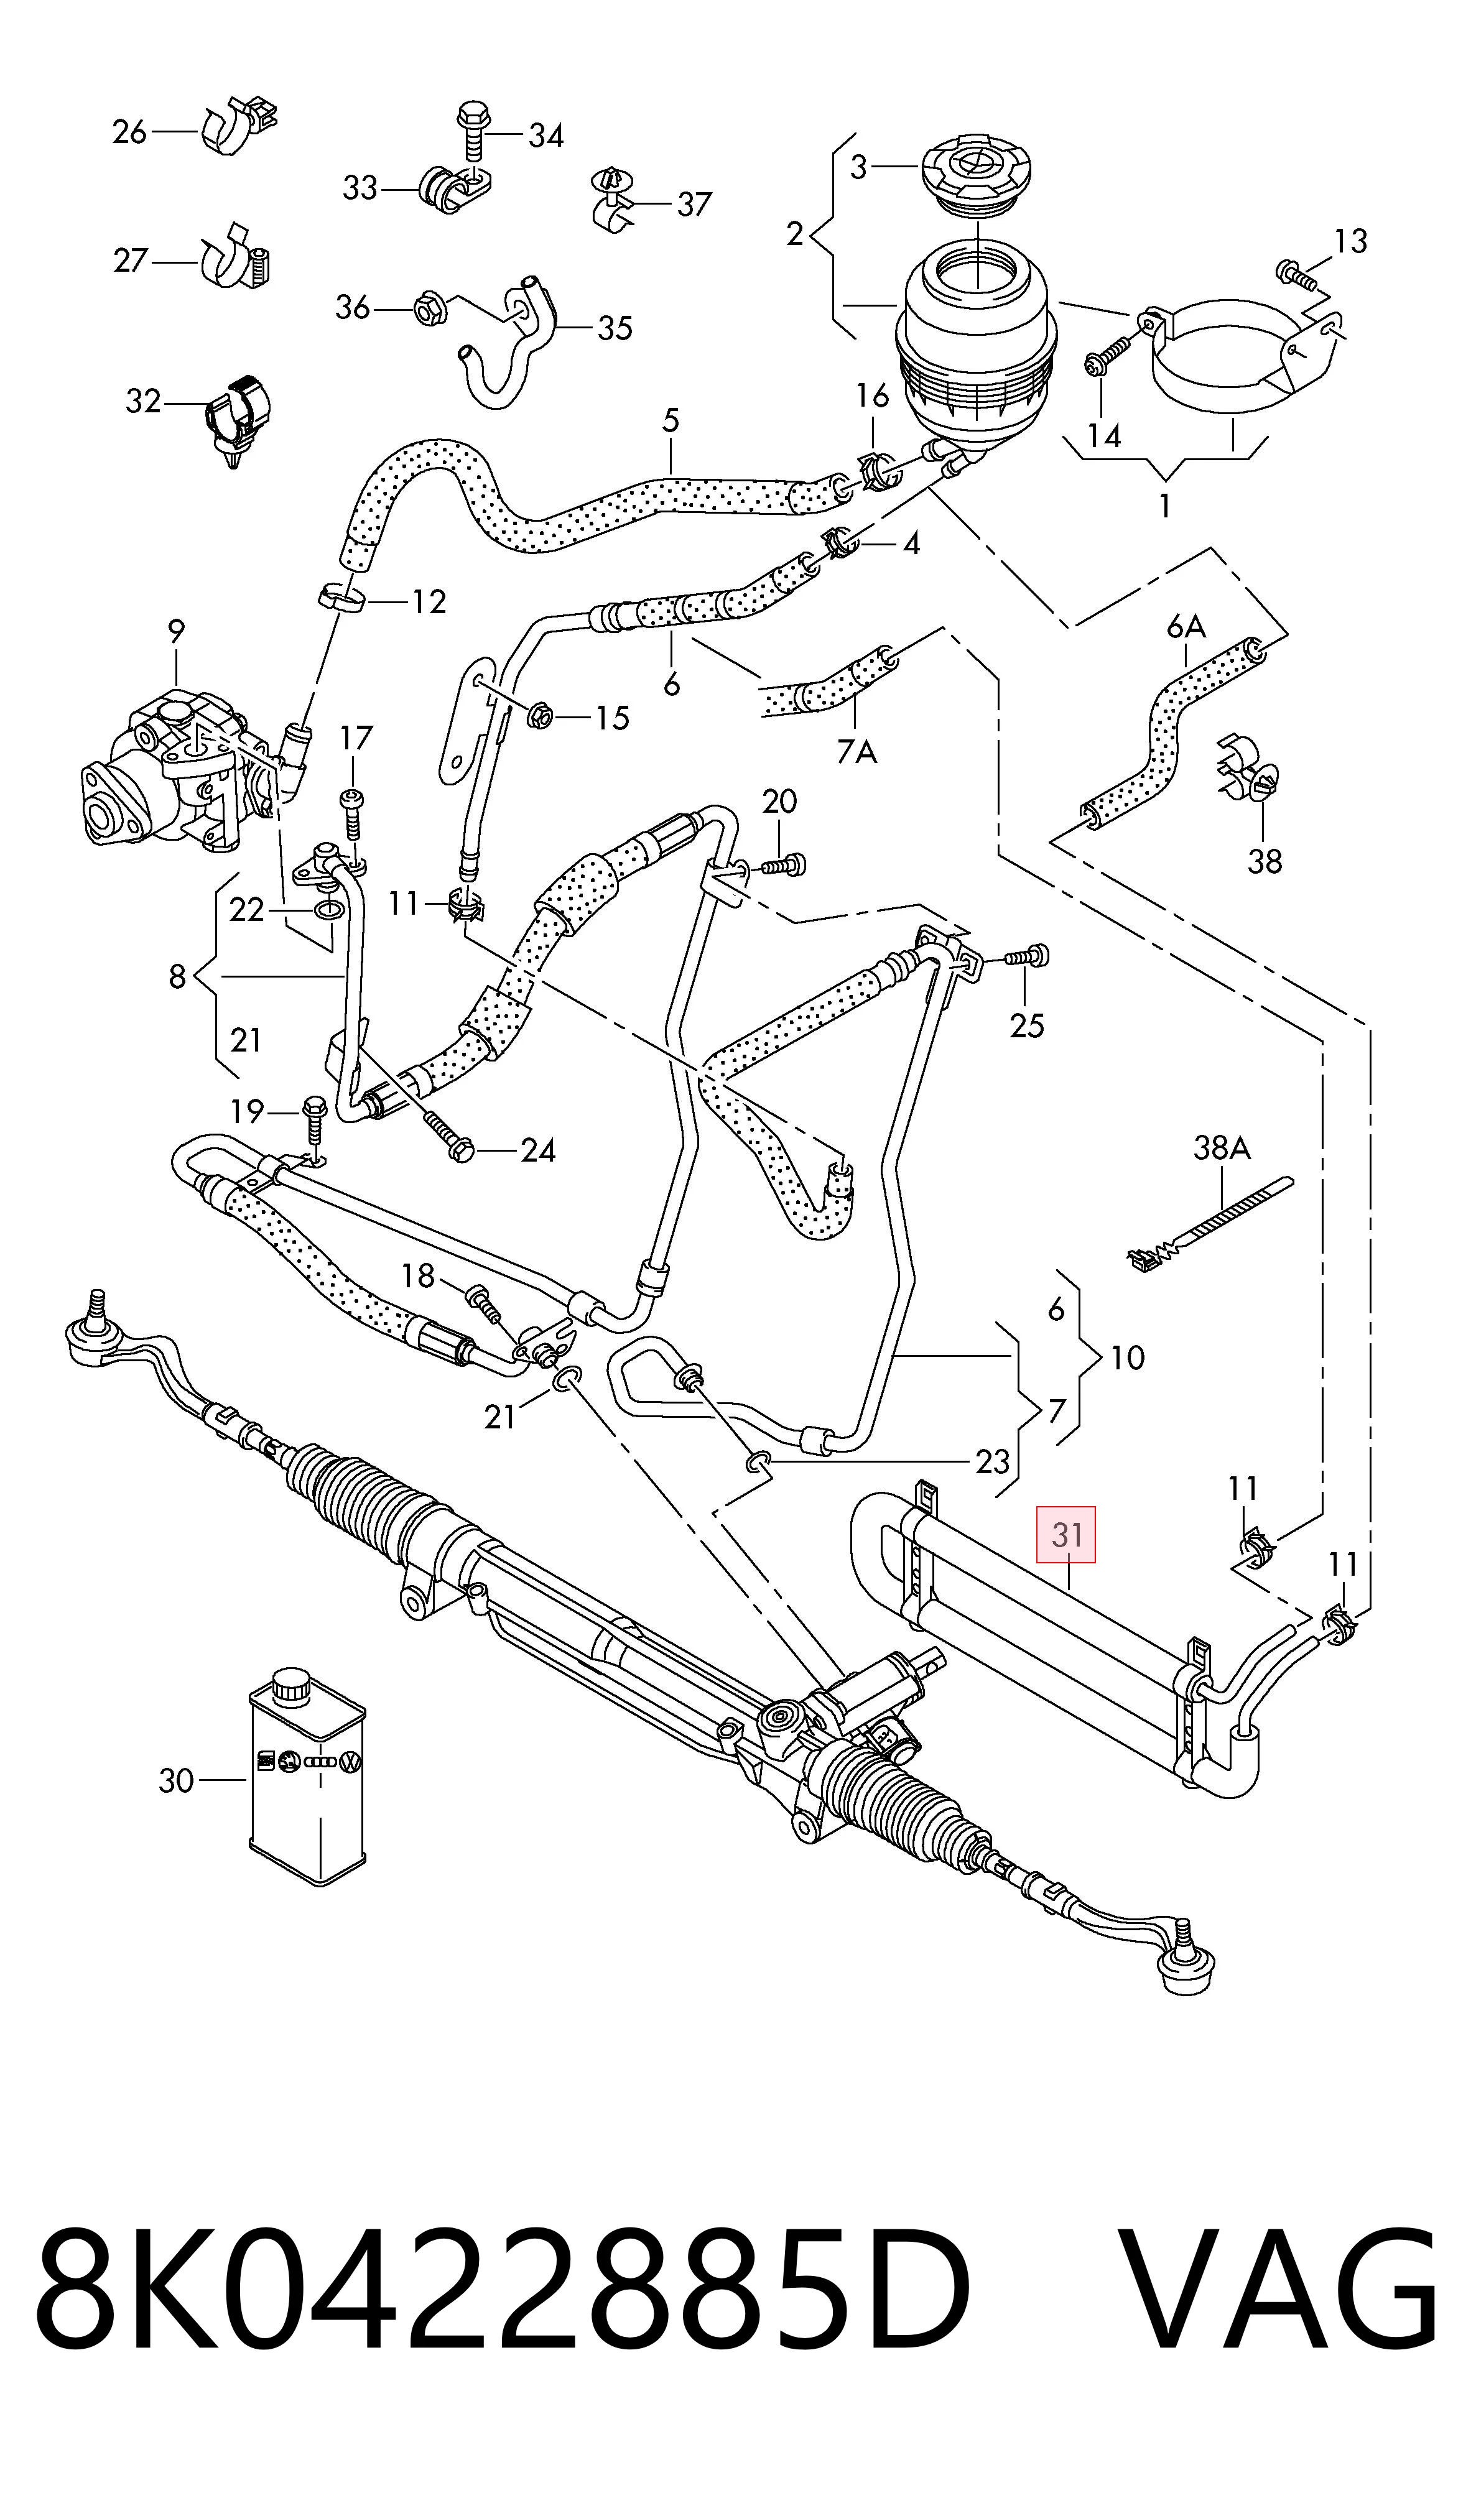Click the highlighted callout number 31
[1066, 1534]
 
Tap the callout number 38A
[1222, 1149]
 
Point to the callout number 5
[671, 420]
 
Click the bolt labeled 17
[352, 812]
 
